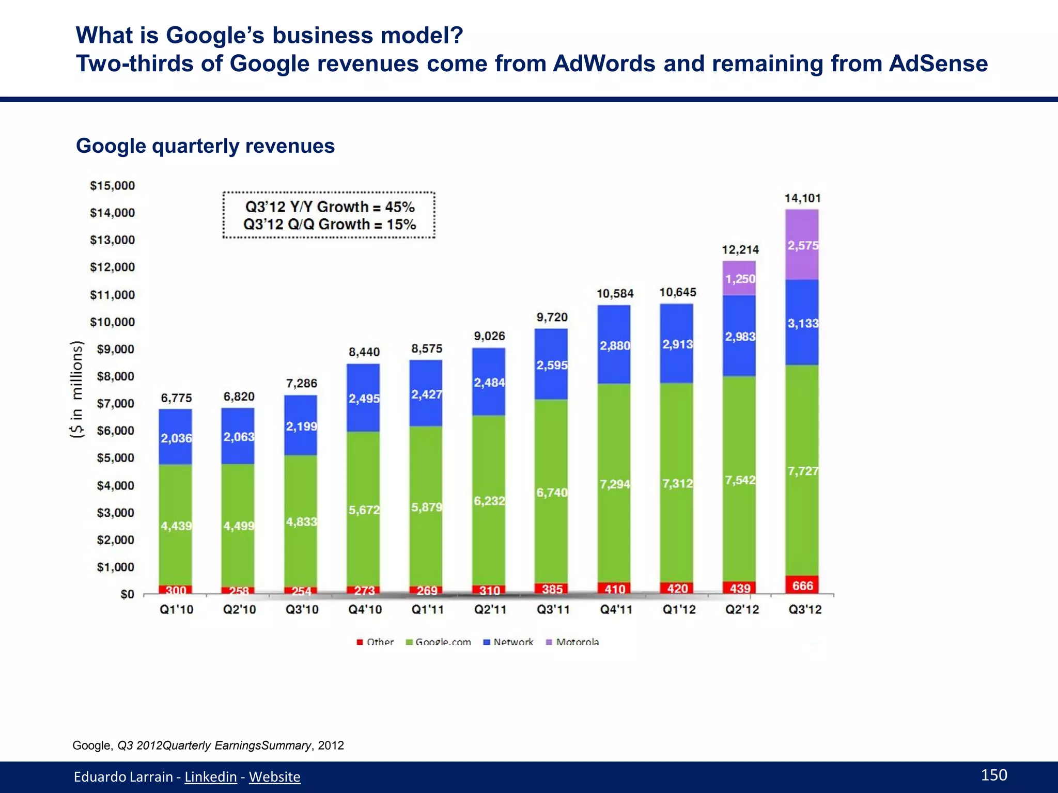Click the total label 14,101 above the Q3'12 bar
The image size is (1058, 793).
pos(802,198)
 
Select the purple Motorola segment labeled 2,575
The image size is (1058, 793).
pos(802,245)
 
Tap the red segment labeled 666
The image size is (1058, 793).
pos(802,585)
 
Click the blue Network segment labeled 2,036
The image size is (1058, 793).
pos(176,438)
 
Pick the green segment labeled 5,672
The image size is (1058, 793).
pos(363,510)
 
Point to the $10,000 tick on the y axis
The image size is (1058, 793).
pos(112,322)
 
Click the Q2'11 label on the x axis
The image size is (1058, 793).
pos(490,610)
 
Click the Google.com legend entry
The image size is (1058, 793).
pos(439,642)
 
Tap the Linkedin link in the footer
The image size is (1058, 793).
pos(210,776)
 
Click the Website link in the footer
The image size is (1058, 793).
pos(274,776)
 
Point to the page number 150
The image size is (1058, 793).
pos(993,775)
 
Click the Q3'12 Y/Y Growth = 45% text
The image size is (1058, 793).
pos(330,207)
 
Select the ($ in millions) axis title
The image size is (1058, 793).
pos(76,390)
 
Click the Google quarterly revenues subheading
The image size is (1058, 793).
pos(205,146)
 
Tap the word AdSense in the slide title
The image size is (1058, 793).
pos(938,64)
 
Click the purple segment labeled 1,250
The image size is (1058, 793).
pos(739,279)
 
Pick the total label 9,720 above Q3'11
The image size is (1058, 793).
pos(552,317)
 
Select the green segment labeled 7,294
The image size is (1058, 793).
pos(614,484)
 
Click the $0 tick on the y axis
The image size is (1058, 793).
pos(127,595)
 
